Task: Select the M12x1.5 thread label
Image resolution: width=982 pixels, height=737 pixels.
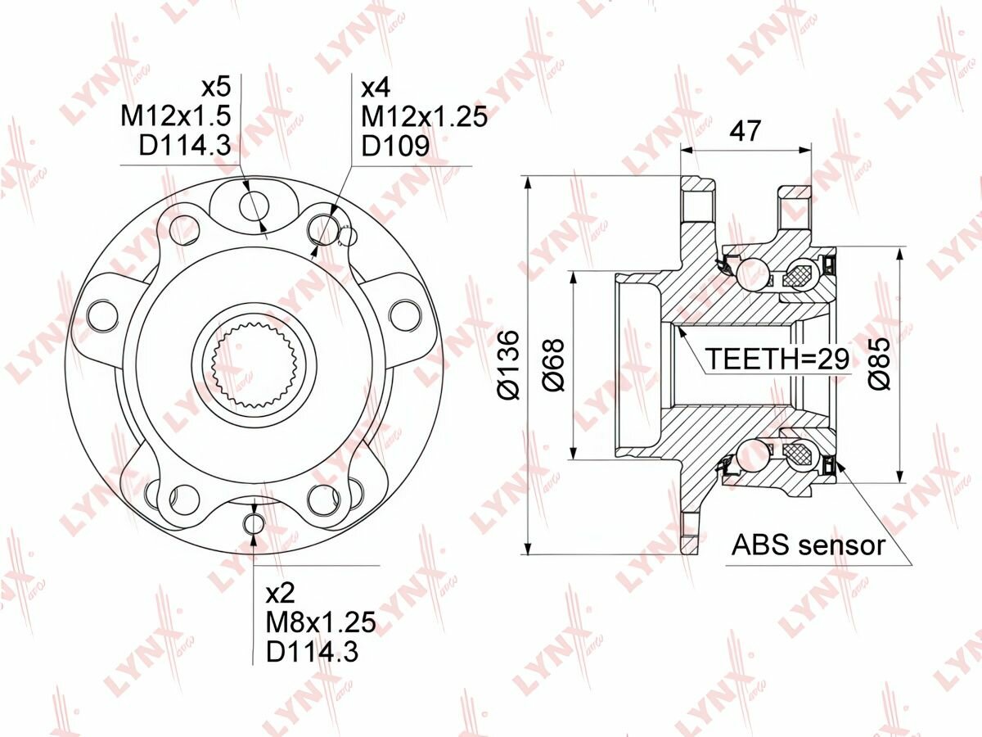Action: coord(176,116)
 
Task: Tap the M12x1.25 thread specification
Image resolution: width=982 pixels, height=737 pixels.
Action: coord(424,117)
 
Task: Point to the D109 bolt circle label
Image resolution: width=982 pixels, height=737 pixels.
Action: coord(395,146)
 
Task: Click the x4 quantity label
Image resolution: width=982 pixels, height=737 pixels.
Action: coord(376,88)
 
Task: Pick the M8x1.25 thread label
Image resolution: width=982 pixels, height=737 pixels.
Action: coord(321,622)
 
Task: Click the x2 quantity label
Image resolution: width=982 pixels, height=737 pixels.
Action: coord(281,594)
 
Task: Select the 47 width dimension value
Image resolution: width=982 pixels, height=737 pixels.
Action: coord(745,131)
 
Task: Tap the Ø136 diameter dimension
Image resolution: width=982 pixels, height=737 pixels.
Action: coord(509,365)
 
